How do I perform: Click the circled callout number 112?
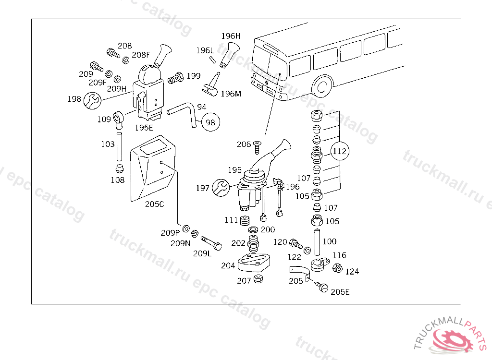(x=340, y=151)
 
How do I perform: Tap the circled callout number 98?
(x=210, y=122)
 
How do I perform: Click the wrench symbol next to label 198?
(x=93, y=101)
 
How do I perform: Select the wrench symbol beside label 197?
(x=221, y=188)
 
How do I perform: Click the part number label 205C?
(x=154, y=204)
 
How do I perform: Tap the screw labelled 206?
(x=258, y=147)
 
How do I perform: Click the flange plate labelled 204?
(x=254, y=263)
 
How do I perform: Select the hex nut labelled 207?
(x=258, y=278)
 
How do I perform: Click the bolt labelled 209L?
(x=211, y=243)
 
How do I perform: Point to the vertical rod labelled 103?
(x=119, y=147)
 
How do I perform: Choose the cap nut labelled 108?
(x=120, y=168)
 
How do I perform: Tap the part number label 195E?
(x=144, y=128)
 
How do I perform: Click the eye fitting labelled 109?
(x=119, y=120)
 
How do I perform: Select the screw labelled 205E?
(x=321, y=287)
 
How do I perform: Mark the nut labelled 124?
(x=337, y=268)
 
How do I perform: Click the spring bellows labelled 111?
(x=245, y=221)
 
